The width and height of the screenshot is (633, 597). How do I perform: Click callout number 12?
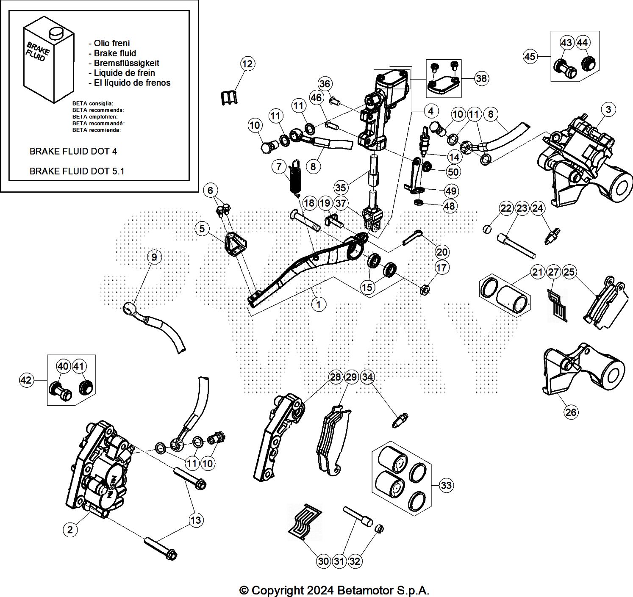(247, 64)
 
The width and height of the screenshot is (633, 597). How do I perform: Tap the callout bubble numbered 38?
(481, 78)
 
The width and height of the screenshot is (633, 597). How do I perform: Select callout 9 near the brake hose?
(154, 257)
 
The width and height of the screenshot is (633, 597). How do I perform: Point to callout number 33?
(446, 485)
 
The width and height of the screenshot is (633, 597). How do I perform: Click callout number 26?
(571, 412)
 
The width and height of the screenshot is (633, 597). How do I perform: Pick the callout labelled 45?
(530, 56)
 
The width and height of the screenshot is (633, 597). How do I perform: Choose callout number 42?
(26, 380)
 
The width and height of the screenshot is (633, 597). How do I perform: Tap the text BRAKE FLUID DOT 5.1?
(77, 171)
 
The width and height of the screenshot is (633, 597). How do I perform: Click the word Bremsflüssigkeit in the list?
(126, 63)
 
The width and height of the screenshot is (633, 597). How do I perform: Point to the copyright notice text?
(334, 590)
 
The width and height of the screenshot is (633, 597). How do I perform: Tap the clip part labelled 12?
(229, 98)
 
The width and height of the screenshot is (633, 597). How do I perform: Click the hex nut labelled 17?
(425, 290)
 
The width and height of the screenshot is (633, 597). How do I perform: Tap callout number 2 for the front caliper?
(70, 529)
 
